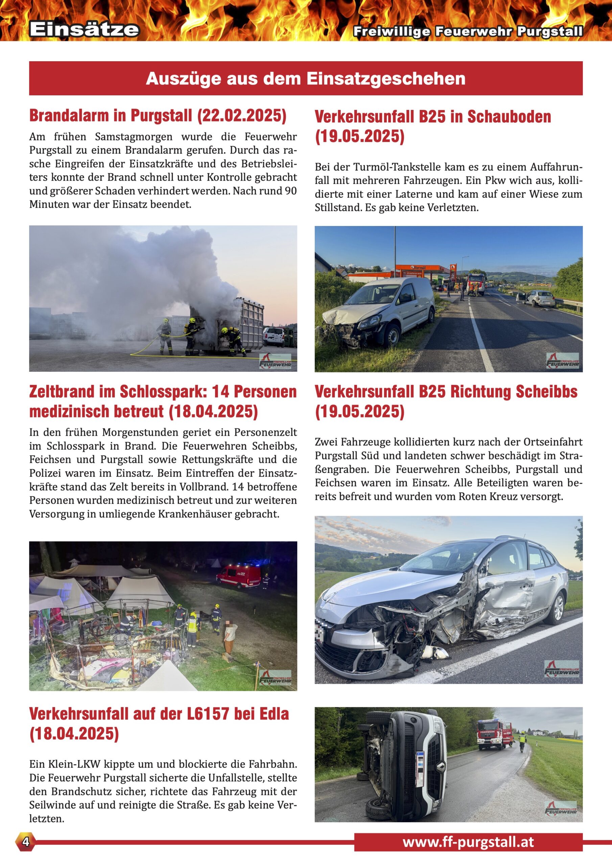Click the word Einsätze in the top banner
click(84, 29)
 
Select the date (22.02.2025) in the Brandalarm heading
click(242, 115)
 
